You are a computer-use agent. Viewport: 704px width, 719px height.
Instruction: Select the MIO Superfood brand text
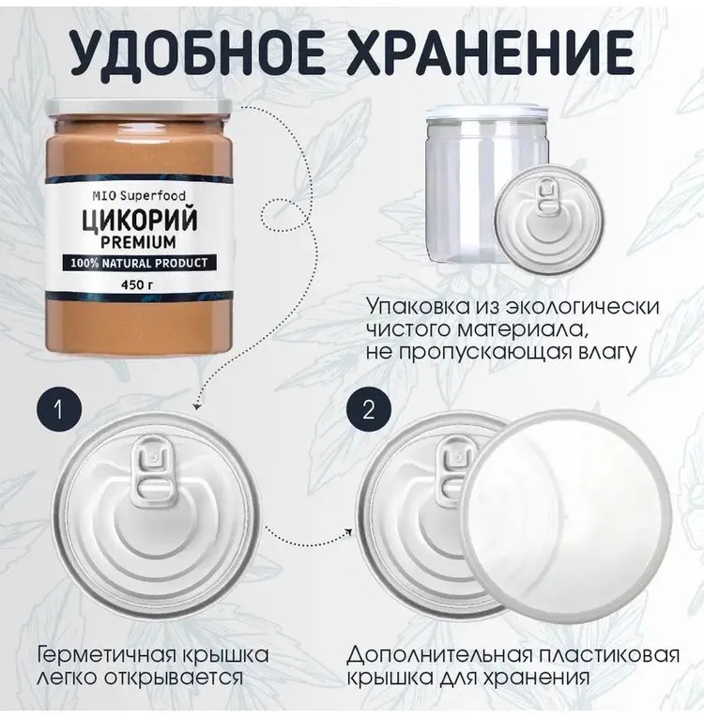(139, 196)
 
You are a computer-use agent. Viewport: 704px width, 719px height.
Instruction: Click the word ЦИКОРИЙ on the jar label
(140, 221)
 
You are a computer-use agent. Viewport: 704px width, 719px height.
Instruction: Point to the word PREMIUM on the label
(138, 241)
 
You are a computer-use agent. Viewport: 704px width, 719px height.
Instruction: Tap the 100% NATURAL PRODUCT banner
(139, 263)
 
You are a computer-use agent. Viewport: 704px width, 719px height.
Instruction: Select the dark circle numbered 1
(59, 410)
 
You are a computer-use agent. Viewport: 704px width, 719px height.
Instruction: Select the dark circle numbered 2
(369, 410)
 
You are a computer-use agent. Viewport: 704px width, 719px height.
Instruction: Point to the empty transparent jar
(486, 188)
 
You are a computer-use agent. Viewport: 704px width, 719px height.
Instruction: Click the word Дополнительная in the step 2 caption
(439, 656)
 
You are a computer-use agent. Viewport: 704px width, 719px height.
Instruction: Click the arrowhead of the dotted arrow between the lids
(348, 532)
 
